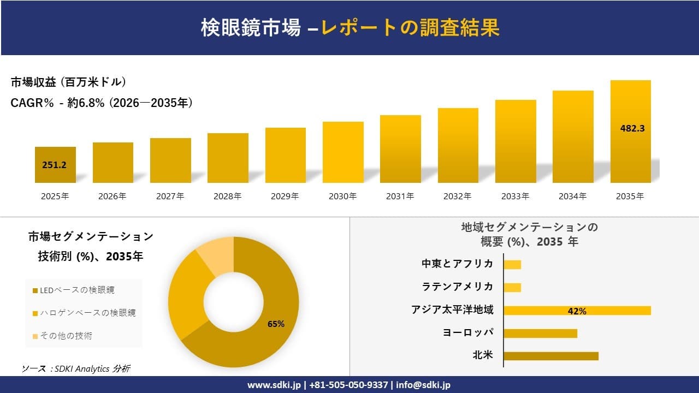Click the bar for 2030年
[343, 152]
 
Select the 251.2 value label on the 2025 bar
[54, 165]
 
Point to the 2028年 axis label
[228, 196]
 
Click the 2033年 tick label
[515, 196]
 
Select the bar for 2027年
[170, 160]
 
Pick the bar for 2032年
[458, 146]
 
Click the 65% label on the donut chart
[276, 324]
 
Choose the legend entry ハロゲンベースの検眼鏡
[84, 313]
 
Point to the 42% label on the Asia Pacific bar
[577, 311]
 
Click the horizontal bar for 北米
[550, 356]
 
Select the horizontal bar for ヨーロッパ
[540, 334]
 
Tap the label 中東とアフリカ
[457, 264]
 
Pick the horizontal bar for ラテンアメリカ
[512, 288]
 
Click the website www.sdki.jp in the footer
[274, 385]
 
